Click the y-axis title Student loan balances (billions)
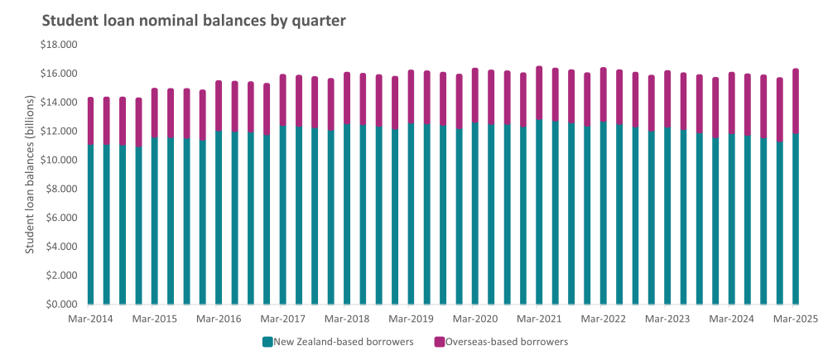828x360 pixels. [x=30, y=175]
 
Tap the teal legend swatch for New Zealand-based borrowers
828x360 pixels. [x=267, y=341]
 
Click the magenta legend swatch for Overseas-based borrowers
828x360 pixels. [x=439, y=341]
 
